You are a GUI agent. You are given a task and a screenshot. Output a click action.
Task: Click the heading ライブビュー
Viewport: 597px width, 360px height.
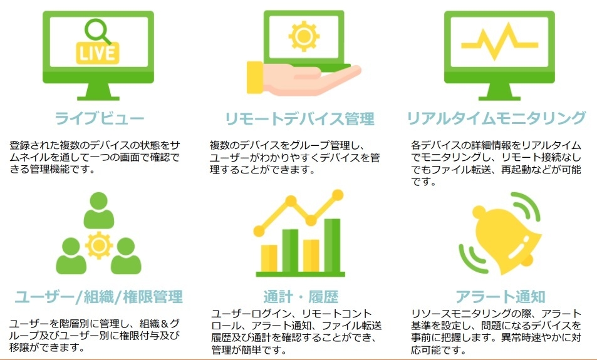pyautogui.click(x=99, y=118)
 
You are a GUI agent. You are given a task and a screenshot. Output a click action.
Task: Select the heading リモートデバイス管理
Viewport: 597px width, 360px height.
pyautogui.click(x=299, y=118)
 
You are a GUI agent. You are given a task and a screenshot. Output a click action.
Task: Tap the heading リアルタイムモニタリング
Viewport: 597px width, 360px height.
pyautogui.click(x=496, y=118)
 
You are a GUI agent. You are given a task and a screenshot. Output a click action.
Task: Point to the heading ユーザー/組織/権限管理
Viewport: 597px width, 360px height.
pyautogui.click(x=99, y=296)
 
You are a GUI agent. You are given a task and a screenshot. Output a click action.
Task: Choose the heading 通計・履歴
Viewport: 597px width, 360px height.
pyautogui.click(x=301, y=296)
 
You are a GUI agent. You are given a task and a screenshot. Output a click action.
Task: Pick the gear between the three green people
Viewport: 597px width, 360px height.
pyautogui.click(x=98, y=244)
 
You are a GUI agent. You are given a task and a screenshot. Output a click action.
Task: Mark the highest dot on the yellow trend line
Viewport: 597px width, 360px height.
pyautogui.click(x=338, y=195)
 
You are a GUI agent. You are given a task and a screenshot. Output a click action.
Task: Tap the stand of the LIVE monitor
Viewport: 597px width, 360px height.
pyautogui.click(x=98, y=91)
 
